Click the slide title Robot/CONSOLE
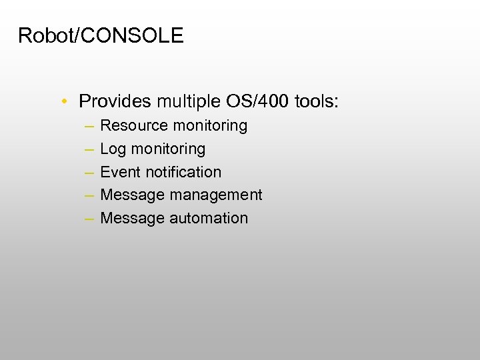[101, 36]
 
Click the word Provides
[115, 102]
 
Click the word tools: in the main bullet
[315, 102]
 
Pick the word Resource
[134, 126]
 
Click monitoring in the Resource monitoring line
[210, 126]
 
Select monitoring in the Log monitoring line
[168, 149]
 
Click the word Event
[121, 172]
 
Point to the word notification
[183, 172]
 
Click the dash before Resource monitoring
[89, 126]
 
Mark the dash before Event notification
[89, 172]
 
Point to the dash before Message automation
[89, 219]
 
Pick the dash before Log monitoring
[89, 149]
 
